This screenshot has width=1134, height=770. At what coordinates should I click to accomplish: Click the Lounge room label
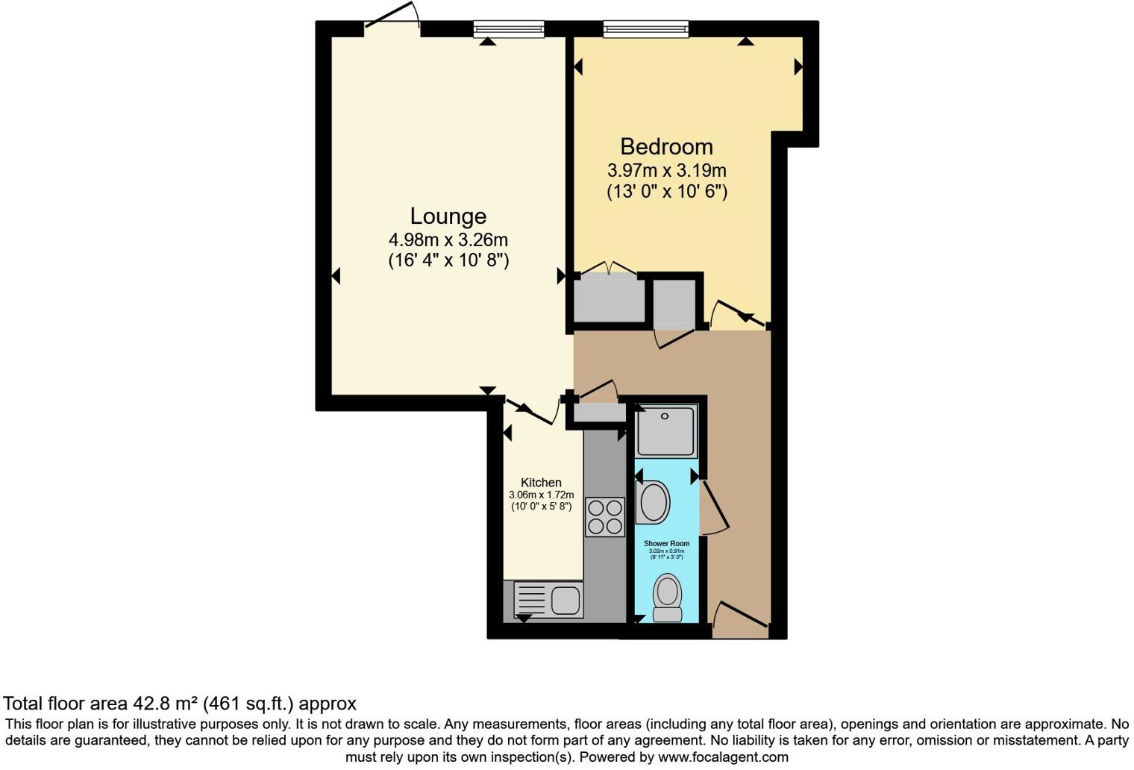448,216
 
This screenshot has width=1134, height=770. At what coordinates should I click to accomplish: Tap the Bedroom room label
666,146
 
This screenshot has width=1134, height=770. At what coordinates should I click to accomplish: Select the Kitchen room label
541,483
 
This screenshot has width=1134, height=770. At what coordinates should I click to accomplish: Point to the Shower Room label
666,544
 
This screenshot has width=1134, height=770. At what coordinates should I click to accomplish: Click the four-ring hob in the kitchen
604,517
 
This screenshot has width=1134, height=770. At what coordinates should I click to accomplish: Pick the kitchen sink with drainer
549,600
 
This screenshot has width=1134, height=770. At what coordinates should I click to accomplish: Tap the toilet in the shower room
667,598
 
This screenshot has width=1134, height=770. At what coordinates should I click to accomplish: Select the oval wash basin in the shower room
654,502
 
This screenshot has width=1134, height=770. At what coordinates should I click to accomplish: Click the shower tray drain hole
664,416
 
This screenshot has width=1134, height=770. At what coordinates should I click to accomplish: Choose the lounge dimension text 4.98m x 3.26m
448,240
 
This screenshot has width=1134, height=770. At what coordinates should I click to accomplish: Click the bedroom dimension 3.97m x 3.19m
666,171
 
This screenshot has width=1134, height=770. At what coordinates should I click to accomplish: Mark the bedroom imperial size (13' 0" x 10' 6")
666,192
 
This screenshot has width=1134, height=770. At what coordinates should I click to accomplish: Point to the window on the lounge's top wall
509,29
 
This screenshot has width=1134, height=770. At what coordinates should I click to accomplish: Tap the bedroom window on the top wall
645,29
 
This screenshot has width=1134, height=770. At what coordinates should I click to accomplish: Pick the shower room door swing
714,507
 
